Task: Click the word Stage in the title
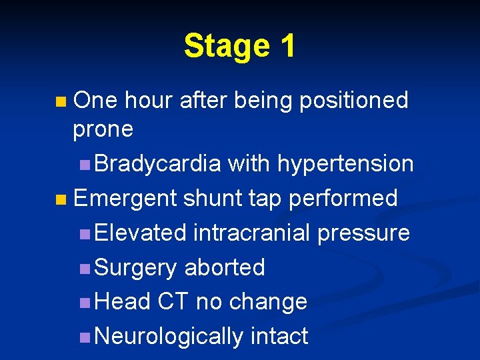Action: [x=226, y=47]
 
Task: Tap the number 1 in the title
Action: [x=288, y=47]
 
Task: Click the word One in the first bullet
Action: [x=95, y=101]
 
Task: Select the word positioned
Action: [x=353, y=101]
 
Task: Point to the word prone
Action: [x=103, y=129]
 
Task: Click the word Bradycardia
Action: [x=158, y=163]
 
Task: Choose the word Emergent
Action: [x=125, y=198]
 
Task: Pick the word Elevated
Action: [x=141, y=233]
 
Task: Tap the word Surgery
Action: [x=137, y=267]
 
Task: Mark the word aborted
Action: [x=225, y=267]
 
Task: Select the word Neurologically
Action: [x=169, y=337]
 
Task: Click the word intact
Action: [x=279, y=337]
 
